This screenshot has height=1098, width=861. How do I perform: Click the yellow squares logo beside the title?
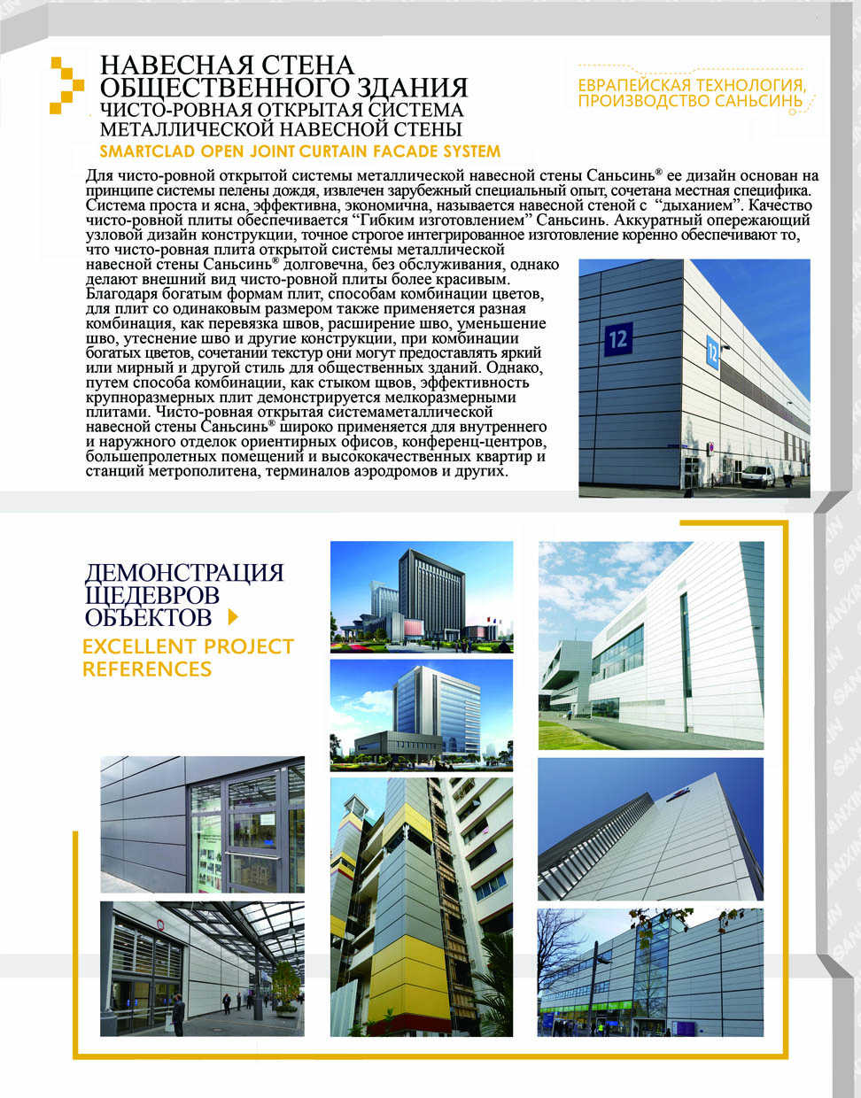pos(66,85)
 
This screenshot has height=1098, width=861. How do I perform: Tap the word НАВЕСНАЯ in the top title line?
pos(160,66)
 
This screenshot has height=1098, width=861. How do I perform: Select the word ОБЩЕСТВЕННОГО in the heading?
pos(221,88)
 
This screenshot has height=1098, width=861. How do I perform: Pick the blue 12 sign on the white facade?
pos(713,351)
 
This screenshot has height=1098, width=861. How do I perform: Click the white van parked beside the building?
pos(757,476)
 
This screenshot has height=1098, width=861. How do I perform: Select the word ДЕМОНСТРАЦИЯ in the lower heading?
pos(184,572)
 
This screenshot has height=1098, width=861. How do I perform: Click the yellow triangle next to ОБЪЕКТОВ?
pos(234,616)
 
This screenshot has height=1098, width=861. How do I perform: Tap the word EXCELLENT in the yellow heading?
pos(138,646)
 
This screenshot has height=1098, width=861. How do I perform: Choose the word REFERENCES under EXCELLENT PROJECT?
pos(147,669)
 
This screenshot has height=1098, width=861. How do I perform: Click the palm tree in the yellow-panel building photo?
pos(492,983)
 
